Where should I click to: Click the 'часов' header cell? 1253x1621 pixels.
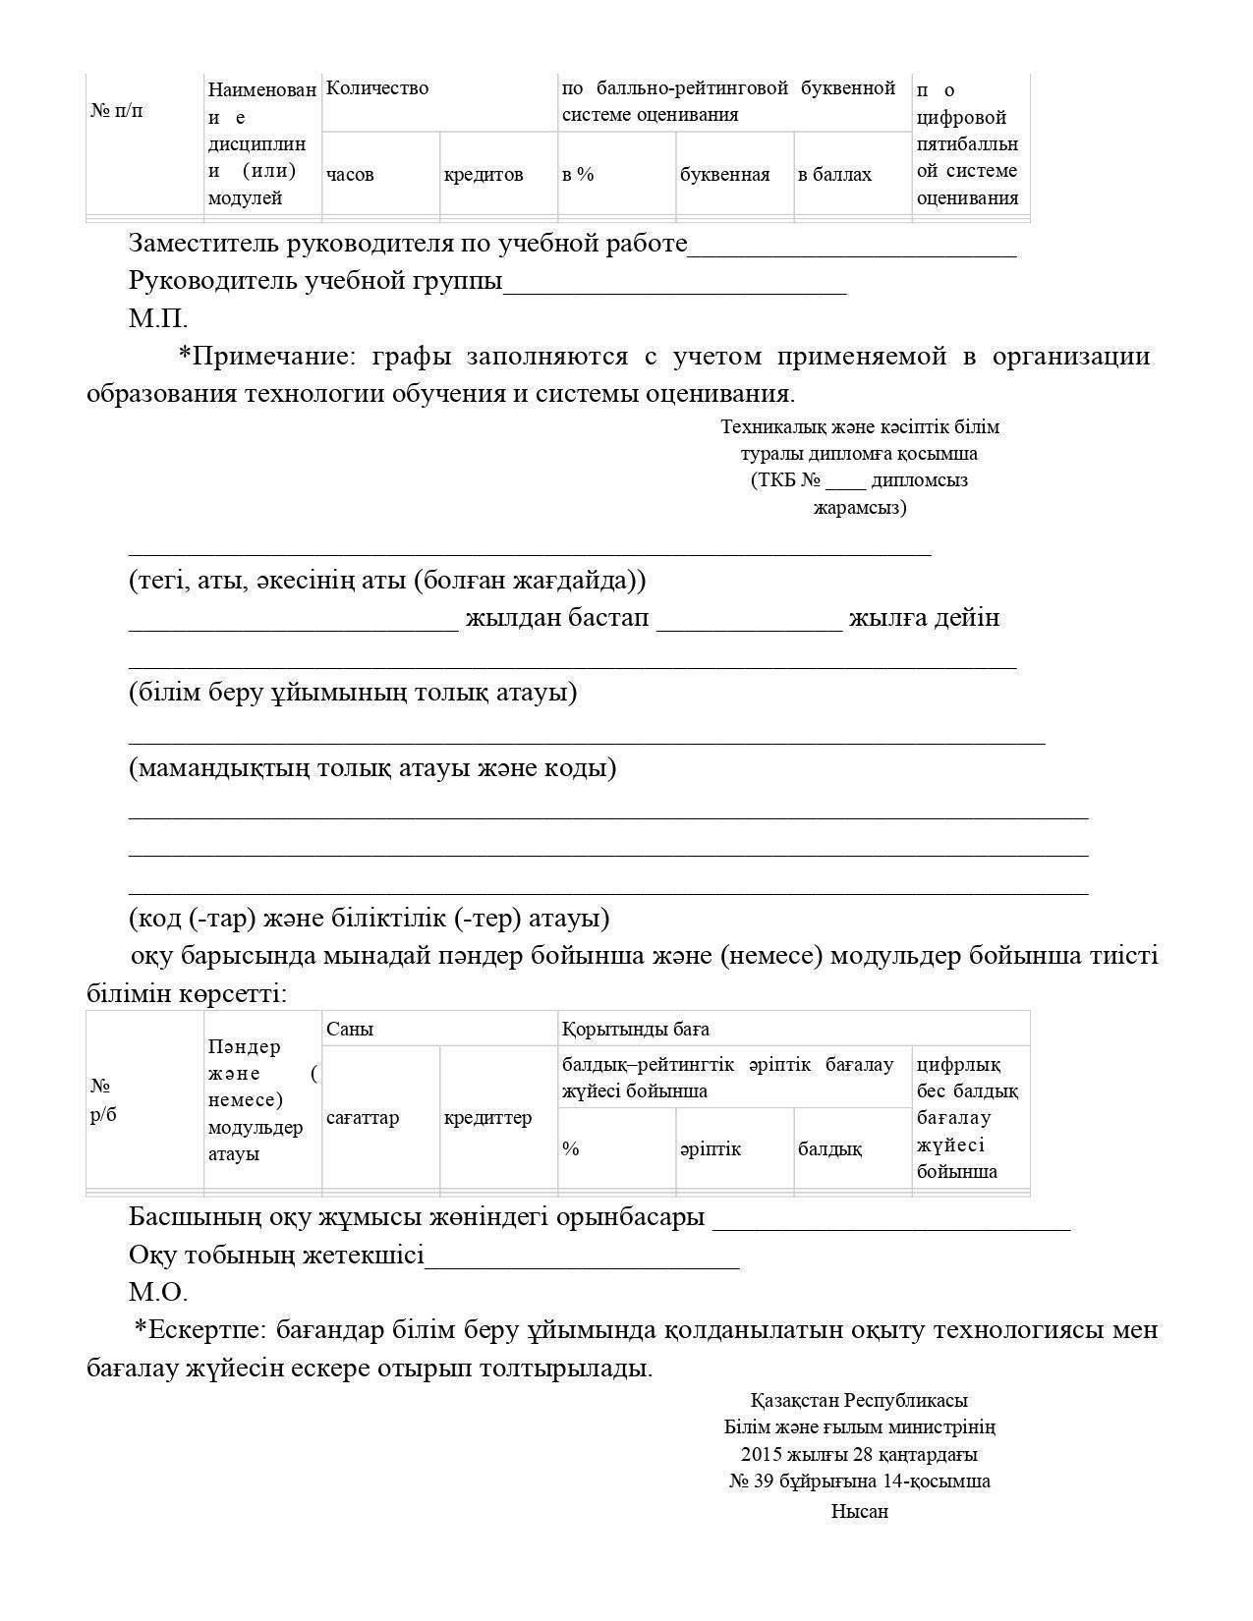coord(350,175)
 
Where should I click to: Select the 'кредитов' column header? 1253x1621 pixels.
coord(484,175)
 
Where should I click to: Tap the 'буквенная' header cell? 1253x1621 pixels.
coord(724,175)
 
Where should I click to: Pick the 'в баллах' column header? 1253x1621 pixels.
coord(834,175)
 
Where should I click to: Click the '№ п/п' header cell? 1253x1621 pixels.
coord(117,110)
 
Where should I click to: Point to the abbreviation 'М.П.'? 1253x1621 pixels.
coord(158,318)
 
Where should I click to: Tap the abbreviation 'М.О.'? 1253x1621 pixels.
coord(158,1292)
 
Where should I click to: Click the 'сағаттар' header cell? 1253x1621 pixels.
coord(363,1118)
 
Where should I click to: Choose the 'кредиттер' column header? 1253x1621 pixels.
coord(487,1118)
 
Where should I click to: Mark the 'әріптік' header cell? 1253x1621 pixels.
coord(711,1149)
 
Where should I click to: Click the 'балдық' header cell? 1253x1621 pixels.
coord(830,1149)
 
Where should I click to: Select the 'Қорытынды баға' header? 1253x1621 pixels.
coord(636,1030)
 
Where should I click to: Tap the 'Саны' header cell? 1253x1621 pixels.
coord(350,1030)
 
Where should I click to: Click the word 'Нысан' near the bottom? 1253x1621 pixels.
coord(860,1512)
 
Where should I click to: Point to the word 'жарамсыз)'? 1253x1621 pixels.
coord(860,508)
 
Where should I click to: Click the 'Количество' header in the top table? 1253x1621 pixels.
coord(377,88)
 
